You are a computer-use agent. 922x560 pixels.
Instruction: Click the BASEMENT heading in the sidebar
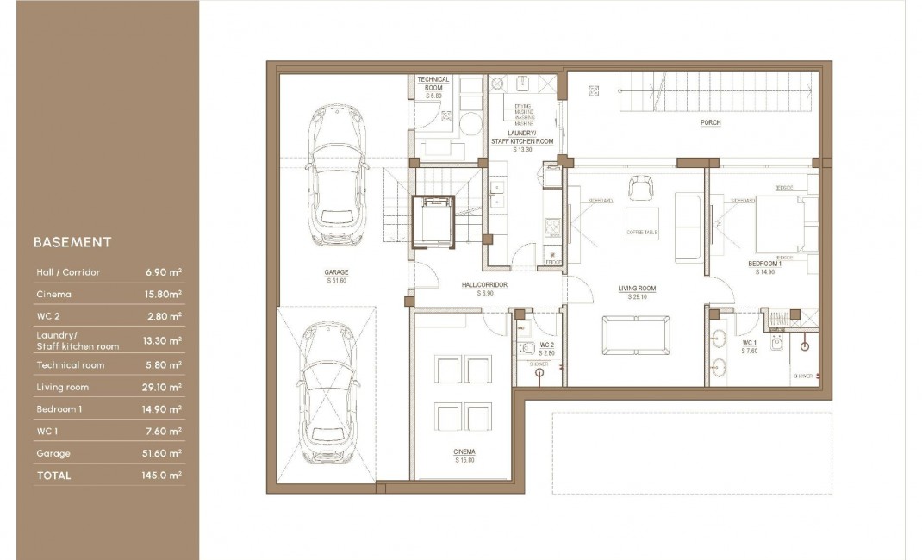point(72,242)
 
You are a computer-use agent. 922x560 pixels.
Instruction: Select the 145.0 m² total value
point(162,476)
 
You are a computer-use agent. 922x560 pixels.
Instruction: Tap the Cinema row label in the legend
point(53,295)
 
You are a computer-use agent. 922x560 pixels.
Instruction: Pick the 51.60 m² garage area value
point(162,453)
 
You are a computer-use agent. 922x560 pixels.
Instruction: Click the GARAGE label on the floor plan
point(337,272)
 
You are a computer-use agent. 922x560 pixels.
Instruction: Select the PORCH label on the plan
point(710,123)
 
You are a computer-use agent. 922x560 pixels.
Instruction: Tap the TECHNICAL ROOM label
point(433,84)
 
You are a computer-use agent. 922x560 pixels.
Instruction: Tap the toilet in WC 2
point(527,348)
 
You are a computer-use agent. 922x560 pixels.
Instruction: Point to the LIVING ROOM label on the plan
point(637,289)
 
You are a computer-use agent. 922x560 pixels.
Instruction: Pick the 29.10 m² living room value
point(162,388)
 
